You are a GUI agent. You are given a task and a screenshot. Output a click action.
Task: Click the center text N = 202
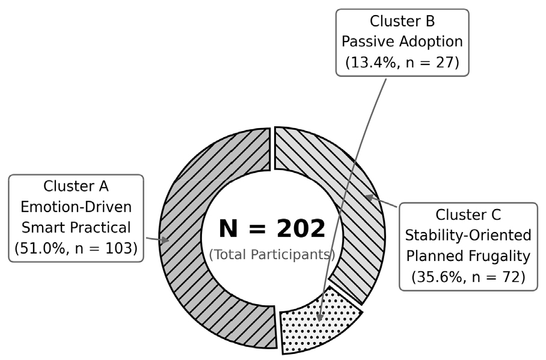point(272,228)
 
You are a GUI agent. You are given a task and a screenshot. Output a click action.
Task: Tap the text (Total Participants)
point(272,254)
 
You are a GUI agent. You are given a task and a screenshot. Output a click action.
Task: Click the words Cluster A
point(76,186)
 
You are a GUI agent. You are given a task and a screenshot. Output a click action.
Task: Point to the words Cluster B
point(402,21)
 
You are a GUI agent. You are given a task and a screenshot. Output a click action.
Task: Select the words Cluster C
point(468,215)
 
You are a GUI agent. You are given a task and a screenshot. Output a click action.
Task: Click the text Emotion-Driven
point(76,207)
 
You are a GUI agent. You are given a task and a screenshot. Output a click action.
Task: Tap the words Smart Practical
point(76,227)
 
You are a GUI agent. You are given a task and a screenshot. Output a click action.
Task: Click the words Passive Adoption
point(402,42)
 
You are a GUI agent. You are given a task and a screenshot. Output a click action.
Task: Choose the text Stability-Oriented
point(468,236)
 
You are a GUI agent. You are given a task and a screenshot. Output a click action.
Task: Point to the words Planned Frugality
point(468,256)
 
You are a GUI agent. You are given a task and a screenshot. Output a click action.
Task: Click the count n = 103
point(105,248)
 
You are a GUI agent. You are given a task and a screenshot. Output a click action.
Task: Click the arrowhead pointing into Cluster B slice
point(320,317)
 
